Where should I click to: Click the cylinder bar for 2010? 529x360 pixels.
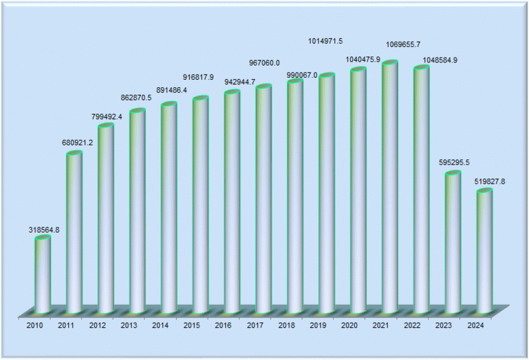(43, 275)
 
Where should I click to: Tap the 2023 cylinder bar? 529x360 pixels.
(453, 243)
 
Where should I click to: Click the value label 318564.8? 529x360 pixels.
(44, 230)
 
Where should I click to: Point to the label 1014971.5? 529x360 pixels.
(325, 41)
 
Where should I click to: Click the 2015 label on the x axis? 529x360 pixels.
(193, 325)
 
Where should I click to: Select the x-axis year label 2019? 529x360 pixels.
(318, 325)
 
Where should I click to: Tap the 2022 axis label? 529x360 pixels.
(413, 325)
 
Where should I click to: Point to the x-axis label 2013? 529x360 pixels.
(130, 325)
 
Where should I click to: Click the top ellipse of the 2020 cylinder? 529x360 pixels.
(358, 70)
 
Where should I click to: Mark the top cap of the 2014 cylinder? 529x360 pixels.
(169, 104)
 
